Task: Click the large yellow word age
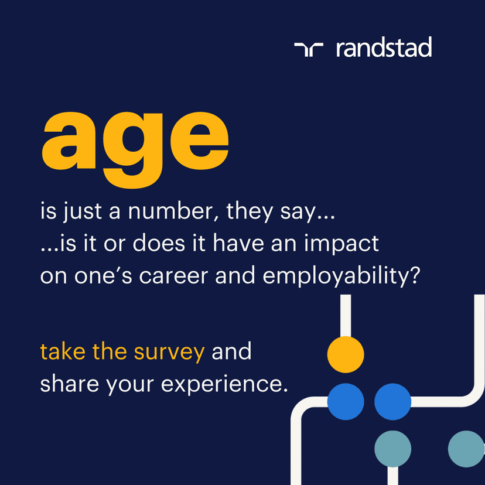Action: tap(135, 150)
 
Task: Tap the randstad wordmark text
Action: tap(384, 47)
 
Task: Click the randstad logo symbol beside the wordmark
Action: tap(309, 49)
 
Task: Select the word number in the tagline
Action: tap(173, 211)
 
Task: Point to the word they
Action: tap(250, 212)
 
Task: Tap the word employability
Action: tap(341, 276)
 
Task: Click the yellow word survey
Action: tap(169, 353)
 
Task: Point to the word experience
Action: tap(224, 385)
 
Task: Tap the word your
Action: tap(130, 386)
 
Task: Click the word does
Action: tap(159, 243)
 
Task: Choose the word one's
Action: tap(103, 276)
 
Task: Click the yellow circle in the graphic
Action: tap(346, 354)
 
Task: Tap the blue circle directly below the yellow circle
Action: tap(346, 401)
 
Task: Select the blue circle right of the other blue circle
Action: tap(393, 401)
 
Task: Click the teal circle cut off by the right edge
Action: tap(466, 449)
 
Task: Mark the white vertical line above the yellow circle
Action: tap(346, 316)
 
